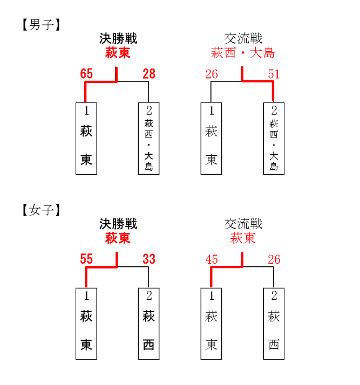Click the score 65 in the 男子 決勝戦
86,74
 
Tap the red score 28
149,74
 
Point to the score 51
274,74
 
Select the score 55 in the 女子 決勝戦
86,259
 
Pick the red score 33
149,259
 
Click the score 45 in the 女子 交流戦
212,259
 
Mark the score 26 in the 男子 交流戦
212,74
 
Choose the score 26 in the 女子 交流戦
274,259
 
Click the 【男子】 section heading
41,25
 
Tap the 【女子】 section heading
41,210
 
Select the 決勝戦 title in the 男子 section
118,38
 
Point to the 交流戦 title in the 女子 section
243,224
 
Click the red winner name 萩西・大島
243,53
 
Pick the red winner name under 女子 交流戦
243,238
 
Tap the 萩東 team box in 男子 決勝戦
86,139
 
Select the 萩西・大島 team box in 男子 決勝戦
148,139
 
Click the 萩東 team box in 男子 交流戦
212,139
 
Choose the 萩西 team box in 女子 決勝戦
148,324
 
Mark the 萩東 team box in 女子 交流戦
212,324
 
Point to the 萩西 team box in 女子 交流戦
274,324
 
